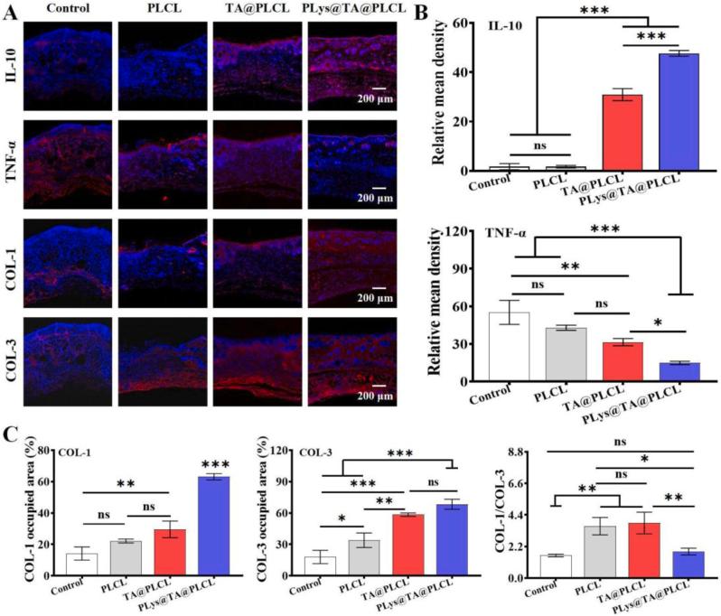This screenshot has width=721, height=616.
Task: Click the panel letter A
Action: tap(9, 12)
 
